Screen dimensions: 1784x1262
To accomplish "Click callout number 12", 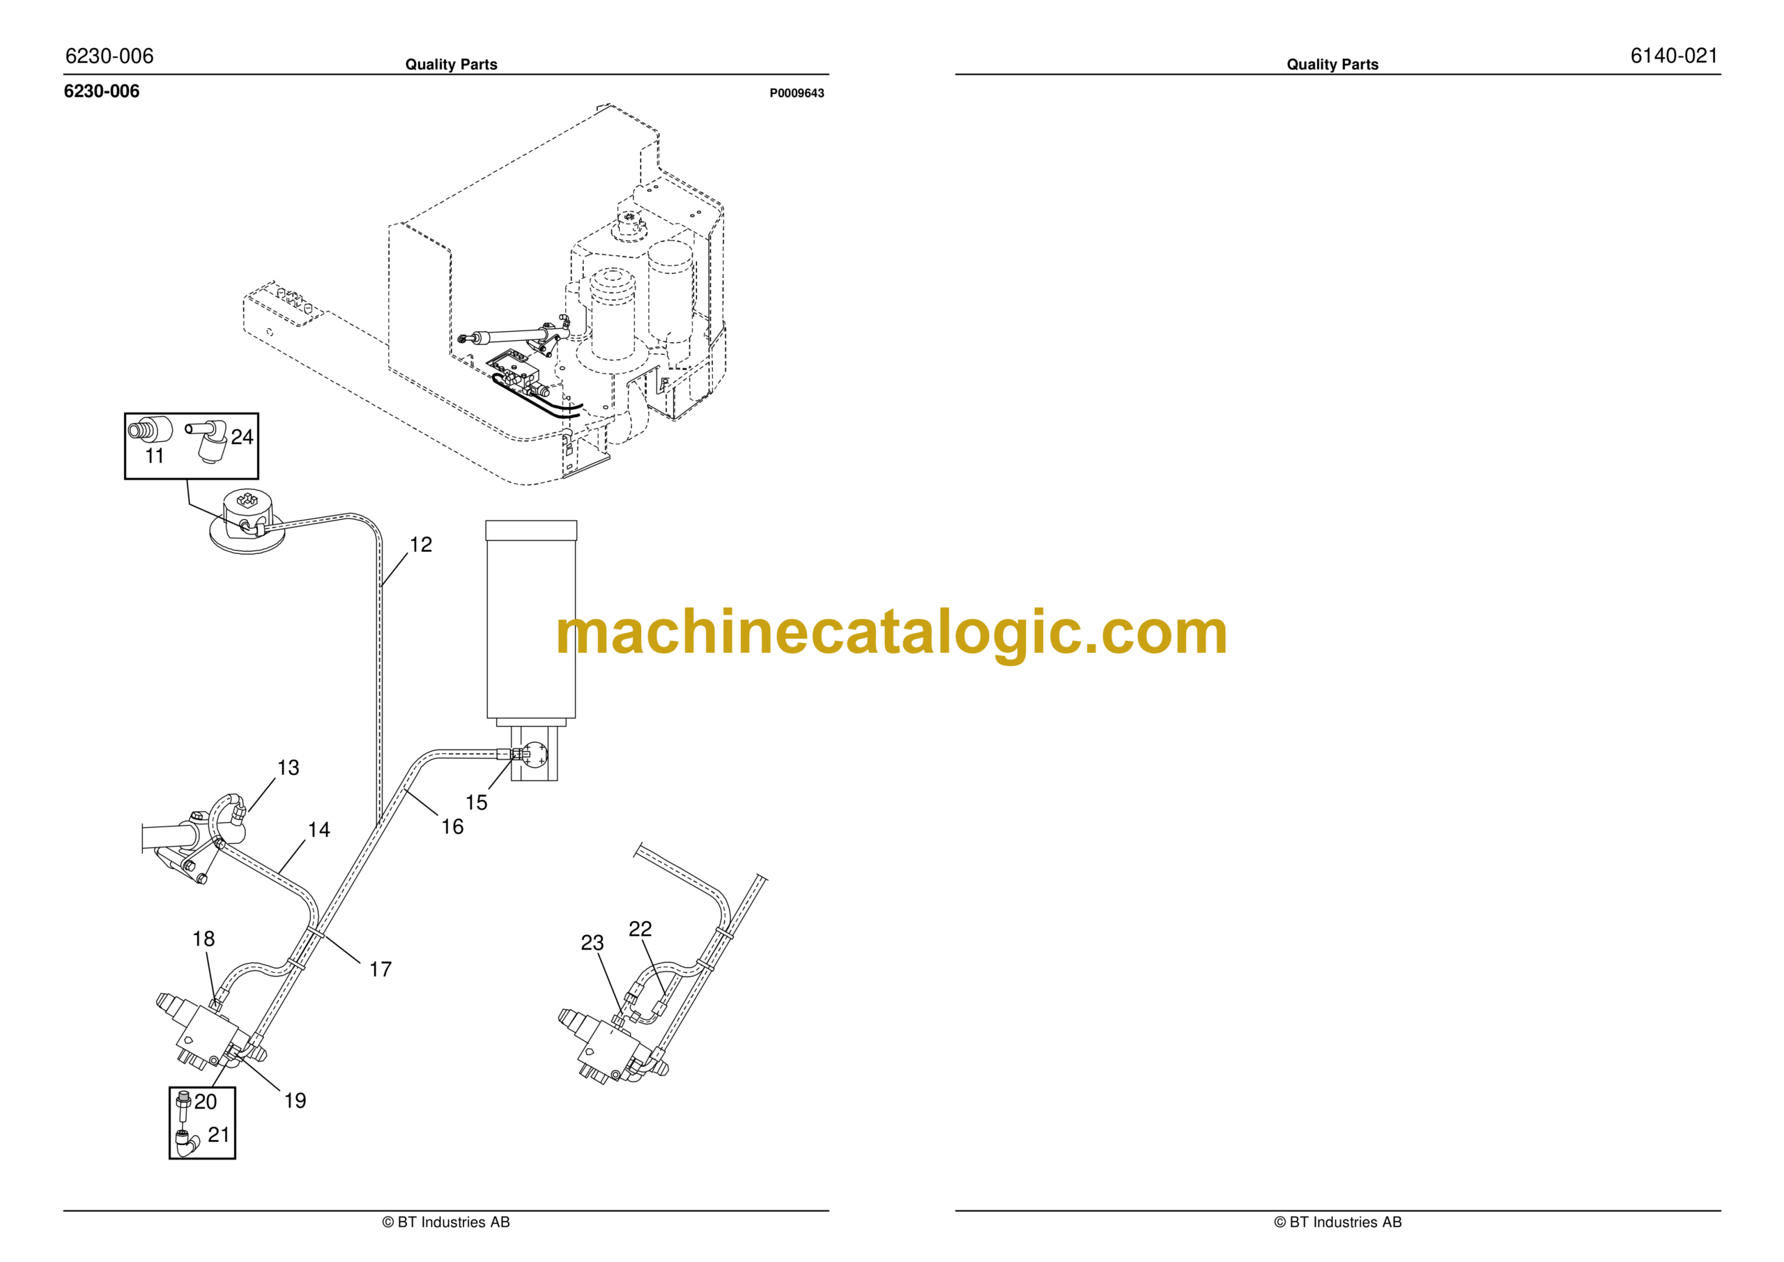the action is click(420, 545).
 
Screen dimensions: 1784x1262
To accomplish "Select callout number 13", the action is click(289, 768).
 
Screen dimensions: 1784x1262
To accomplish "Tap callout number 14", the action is click(318, 830).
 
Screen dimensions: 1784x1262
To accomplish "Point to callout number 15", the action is click(476, 803).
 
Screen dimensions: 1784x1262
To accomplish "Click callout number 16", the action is click(452, 827).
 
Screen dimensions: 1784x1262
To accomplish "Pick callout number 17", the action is click(380, 970).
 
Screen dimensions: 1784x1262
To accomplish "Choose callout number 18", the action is click(203, 939).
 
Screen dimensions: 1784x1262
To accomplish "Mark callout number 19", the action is click(295, 1100).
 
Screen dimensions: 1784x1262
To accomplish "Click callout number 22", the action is click(640, 929).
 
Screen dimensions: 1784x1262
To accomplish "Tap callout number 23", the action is click(592, 943).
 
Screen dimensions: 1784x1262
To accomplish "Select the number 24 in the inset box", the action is click(243, 437).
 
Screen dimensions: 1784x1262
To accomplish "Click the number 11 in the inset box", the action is click(155, 456).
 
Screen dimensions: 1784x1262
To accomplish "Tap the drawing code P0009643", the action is click(797, 93).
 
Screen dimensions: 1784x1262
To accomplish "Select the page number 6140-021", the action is click(1674, 56).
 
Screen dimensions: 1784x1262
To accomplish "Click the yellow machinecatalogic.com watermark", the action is click(891, 633).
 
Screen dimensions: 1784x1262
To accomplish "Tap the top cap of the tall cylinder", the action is click(532, 530).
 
